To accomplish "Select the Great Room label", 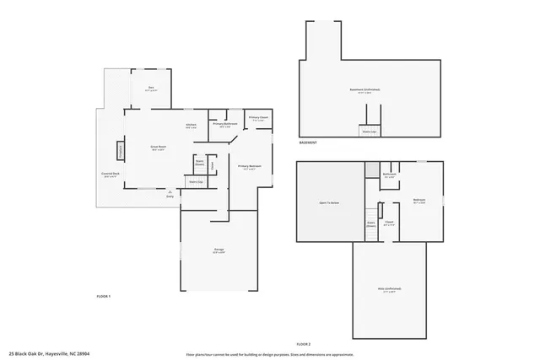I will pos(157,148).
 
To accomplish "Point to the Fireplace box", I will pos(120,152).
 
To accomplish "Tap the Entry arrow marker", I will pos(170,193).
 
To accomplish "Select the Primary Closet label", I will pos(258,119).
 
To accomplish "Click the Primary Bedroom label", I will pos(249,167).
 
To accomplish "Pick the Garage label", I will pos(218,250).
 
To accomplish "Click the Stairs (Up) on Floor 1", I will pos(195,181).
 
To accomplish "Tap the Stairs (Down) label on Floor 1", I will pos(200,163).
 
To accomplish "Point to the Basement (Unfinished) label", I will pos(369,90).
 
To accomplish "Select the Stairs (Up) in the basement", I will pos(369,132).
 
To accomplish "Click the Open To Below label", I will pos(329,202).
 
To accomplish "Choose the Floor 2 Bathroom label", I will pos(390,176).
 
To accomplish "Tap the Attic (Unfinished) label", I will pos(389,289).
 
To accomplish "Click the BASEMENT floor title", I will pos(308,143).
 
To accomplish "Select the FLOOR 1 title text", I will pos(104,297).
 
